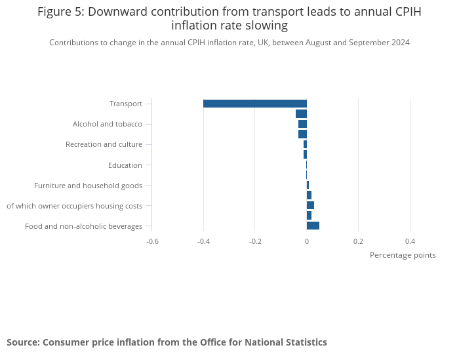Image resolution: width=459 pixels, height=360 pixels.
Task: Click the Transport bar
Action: (x=254, y=104)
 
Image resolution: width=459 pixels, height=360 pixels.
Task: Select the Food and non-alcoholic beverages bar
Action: (x=313, y=226)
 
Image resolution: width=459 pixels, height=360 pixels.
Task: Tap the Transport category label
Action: (x=126, y=104)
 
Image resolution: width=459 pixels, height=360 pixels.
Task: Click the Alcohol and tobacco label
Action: (x=108, y=124)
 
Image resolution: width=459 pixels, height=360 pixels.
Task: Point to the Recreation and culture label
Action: (x=104, y=144)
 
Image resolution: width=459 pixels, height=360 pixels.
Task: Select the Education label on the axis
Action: (x=125, y=165)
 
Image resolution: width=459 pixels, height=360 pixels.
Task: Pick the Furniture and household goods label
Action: (x=88, y=186)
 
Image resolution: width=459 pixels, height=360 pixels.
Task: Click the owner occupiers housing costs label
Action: (x=74, y=206)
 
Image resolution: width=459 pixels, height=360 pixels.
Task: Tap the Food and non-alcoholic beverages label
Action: (x=83, y=226)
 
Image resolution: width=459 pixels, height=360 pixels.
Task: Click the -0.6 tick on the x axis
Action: (x=152, y=241)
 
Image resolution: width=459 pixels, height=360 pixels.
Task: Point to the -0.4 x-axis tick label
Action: (x=203, y=241)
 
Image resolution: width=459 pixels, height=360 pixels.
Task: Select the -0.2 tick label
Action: (x=255, y=241)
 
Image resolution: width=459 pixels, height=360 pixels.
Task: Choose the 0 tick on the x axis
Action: (x=307, y=241)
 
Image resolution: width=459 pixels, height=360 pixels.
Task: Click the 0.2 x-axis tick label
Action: (x=358, y=241)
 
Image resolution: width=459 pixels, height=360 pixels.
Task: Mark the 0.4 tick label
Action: (x=410, y=241)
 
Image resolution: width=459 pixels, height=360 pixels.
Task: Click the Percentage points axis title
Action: (x=403, y=255)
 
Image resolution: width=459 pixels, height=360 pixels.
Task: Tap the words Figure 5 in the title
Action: (x=59, y=12)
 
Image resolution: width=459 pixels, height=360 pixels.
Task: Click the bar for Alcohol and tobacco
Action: (x=302, y=124)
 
